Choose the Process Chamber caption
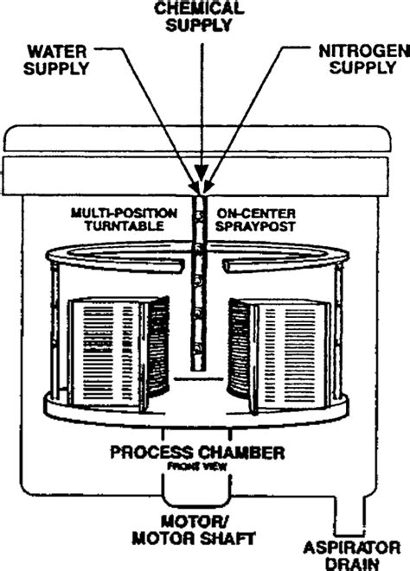205,452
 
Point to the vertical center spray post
201,285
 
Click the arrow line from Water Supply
147,112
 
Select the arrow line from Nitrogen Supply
254,112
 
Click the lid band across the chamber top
205,171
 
